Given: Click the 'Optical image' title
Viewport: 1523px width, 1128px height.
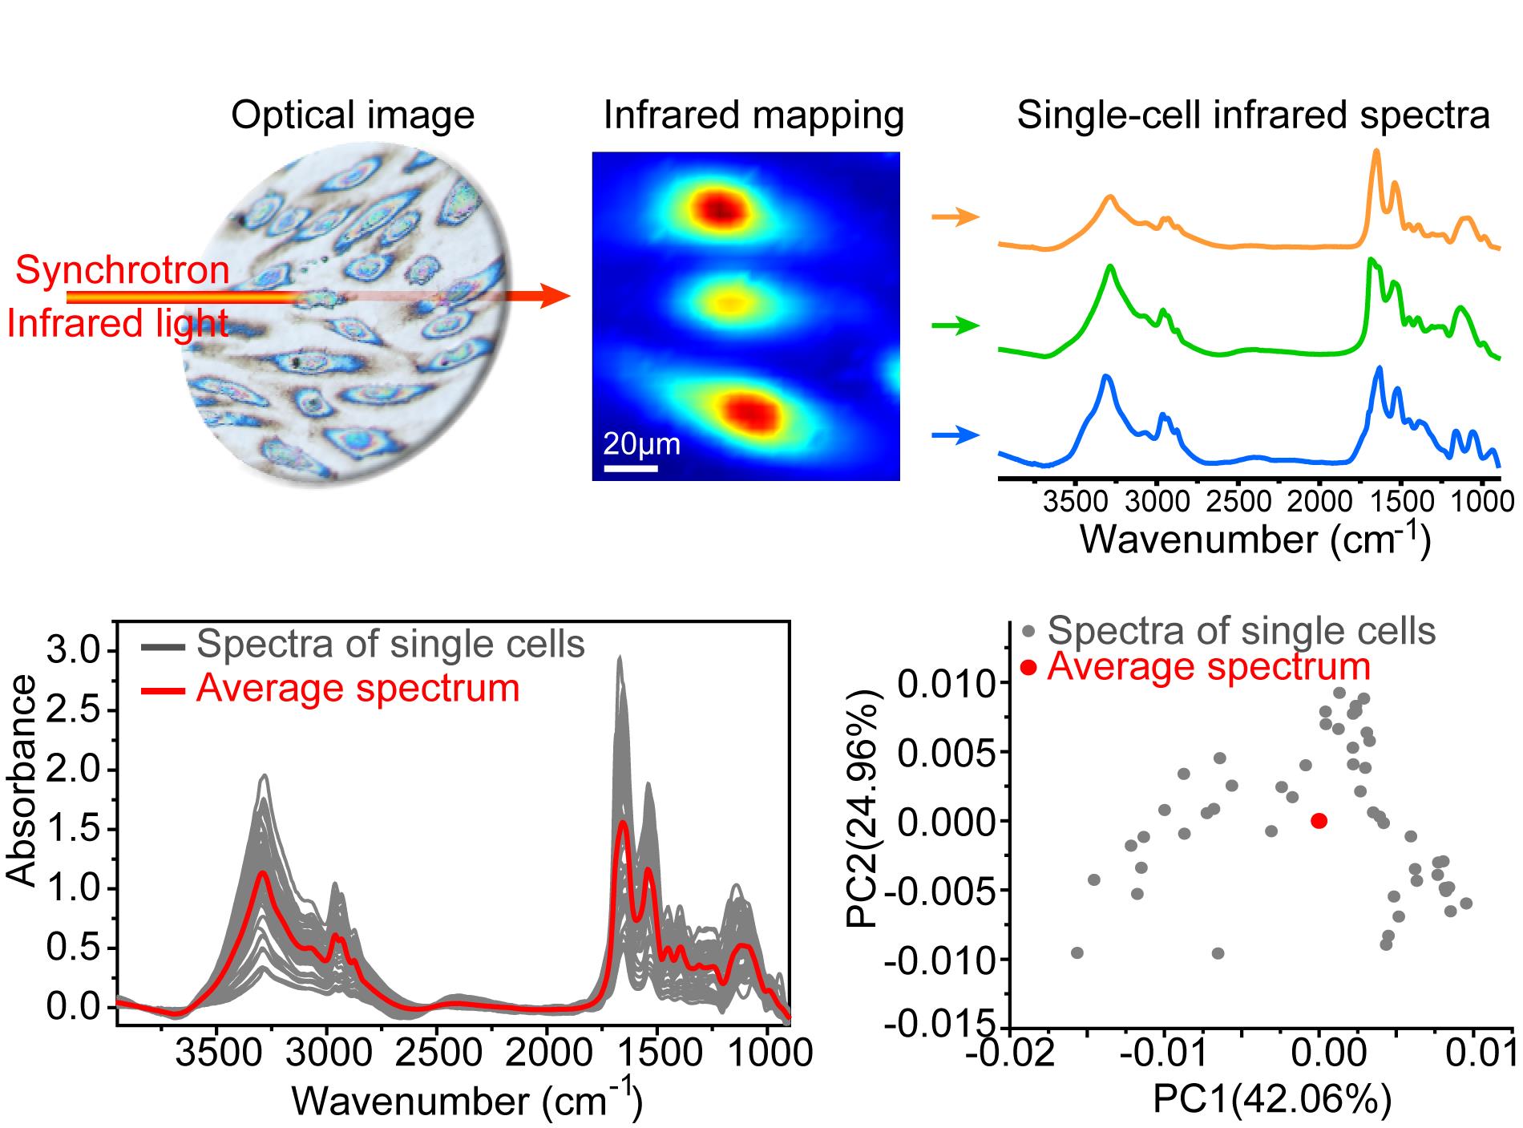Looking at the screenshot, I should (353, 115).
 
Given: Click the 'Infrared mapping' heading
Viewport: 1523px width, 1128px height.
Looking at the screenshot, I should (753, 115).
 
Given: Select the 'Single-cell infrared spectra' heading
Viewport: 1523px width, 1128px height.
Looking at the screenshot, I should (1253, 115).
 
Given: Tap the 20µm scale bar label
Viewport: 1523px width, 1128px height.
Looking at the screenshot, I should (641, 443).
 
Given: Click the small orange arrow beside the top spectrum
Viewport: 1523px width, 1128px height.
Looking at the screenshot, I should (956, 216).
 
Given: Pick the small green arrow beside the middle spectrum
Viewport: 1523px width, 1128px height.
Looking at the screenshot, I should (956, 325).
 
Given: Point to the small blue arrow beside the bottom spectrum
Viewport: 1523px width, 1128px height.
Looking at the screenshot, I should (956, 436).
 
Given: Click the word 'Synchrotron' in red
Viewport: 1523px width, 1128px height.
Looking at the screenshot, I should (123, 270).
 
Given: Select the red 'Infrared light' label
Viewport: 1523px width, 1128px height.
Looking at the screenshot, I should (118, 324).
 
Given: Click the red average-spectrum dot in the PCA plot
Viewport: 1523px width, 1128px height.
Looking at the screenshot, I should (1319, 820).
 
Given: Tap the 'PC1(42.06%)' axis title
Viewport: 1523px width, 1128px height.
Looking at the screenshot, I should (1271, 1099).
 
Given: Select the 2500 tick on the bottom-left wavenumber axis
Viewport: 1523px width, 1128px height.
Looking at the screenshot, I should (437, 1052).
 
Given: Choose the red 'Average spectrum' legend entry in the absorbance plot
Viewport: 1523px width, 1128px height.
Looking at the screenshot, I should (358, 688).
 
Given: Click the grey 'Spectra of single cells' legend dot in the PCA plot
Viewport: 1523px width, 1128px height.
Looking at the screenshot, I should (1028, 632).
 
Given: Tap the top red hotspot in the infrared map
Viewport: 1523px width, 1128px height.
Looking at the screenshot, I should (720, 208).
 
